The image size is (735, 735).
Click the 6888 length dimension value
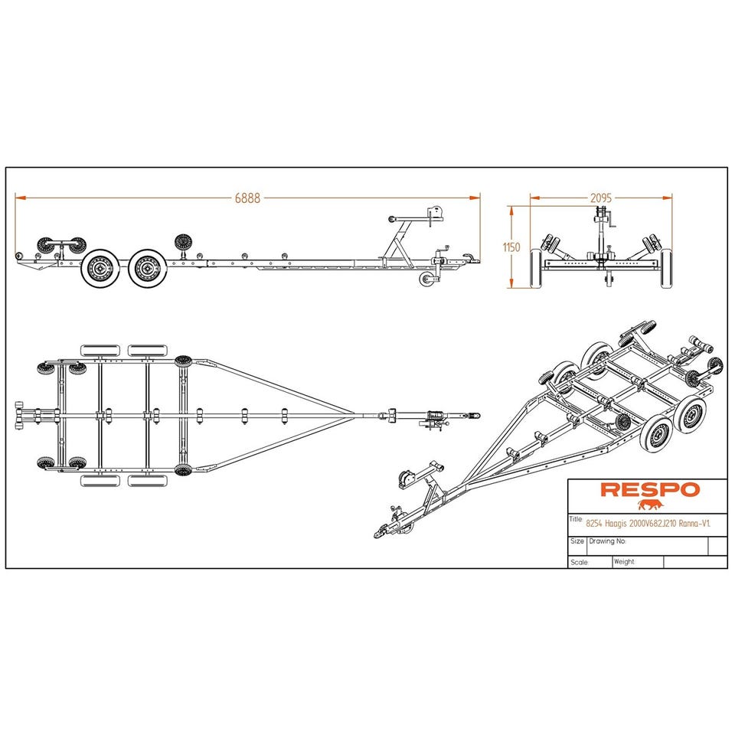[247, 198]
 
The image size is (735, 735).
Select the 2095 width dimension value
[601, 198]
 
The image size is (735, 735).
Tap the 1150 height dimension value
[511, 247]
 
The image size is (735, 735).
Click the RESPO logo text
[650, 490]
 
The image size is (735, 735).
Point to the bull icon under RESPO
[651, 505]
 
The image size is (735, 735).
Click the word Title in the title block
[576, 519]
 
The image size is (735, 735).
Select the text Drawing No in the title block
[607, 541]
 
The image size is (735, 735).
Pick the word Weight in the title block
[624, 561]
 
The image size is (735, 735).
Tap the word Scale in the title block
[580, 562]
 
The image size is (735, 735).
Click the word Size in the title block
[577, 541]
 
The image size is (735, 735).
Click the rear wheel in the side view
[100, 268]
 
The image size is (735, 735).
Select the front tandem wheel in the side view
[147, 268]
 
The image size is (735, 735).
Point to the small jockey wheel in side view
[426, 279]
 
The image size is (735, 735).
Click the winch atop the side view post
[436, 214]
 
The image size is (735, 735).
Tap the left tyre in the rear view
[536, 268]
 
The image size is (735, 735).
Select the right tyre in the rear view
[666, 268]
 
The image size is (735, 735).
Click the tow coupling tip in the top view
[478, 416]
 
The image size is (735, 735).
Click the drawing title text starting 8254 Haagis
[648, 524]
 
